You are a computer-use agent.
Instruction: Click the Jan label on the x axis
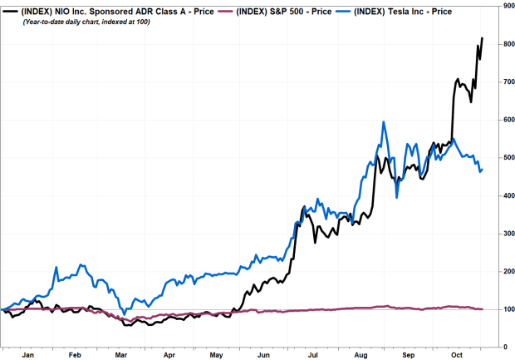(x=27, y=353)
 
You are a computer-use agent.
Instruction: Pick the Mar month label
(x=121, y=353)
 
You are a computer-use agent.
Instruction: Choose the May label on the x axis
(x=217, y=353)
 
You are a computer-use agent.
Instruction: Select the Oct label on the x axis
(x=455, y=353)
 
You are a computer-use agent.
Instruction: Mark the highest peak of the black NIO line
(x=483, y=38)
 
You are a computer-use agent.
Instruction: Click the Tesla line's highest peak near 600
(x=383, y=122)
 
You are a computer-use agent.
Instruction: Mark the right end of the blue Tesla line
(x=483, y=169)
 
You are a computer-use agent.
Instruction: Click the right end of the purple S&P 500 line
(x=483, y=309)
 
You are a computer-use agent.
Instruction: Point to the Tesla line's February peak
(x=81, y=265)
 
